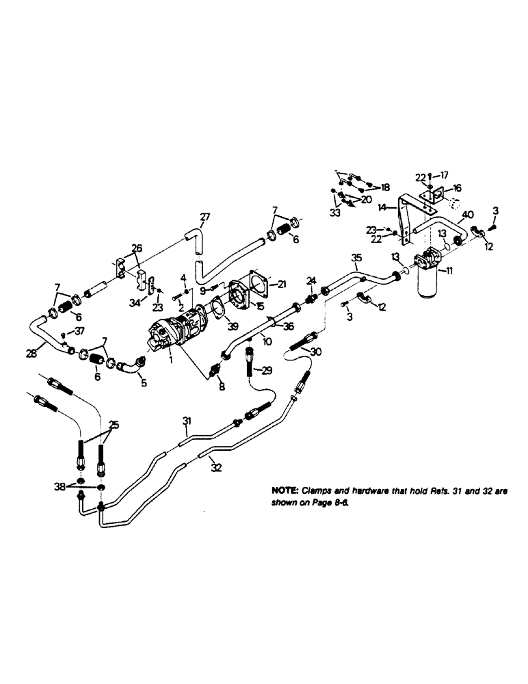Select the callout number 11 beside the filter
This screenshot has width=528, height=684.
click(x=449, y=272)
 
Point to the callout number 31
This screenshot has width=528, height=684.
click(x=185, y=420)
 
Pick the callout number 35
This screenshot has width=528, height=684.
click(x=356, y=257)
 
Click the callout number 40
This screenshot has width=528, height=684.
click(x=469, y=214)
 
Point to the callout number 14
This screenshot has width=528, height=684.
click(x=383, y=207)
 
